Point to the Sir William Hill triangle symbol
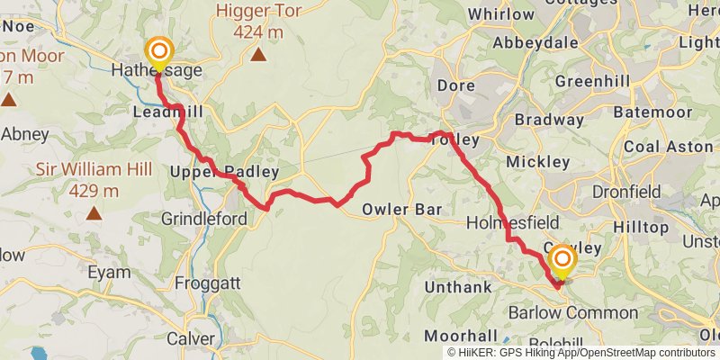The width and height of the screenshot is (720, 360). point(94,213)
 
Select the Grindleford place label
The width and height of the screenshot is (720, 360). point(191,219)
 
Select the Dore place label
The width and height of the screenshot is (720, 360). point(454,85)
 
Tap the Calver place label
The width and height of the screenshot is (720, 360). point(190,339)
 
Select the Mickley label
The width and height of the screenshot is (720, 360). point(538,162)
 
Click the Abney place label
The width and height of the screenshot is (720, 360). point(25,133)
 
